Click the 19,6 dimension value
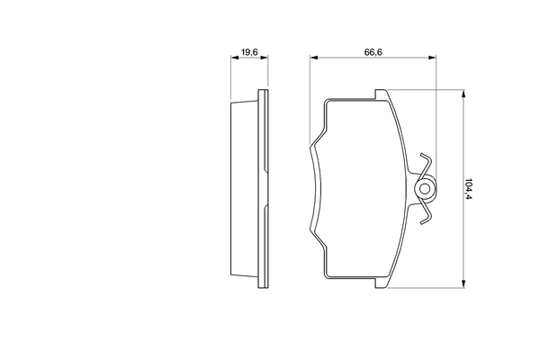point(249,52)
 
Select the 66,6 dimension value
point(373,52)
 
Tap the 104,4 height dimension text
point(469,189)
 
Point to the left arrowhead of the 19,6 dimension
point(234,58)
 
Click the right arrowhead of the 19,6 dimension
point(264,58)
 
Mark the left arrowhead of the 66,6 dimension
point(314,58)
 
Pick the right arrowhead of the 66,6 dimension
point(432,58)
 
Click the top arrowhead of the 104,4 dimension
point(463,94)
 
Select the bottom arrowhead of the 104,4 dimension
point(463,283)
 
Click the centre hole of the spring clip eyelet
point(426,189)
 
